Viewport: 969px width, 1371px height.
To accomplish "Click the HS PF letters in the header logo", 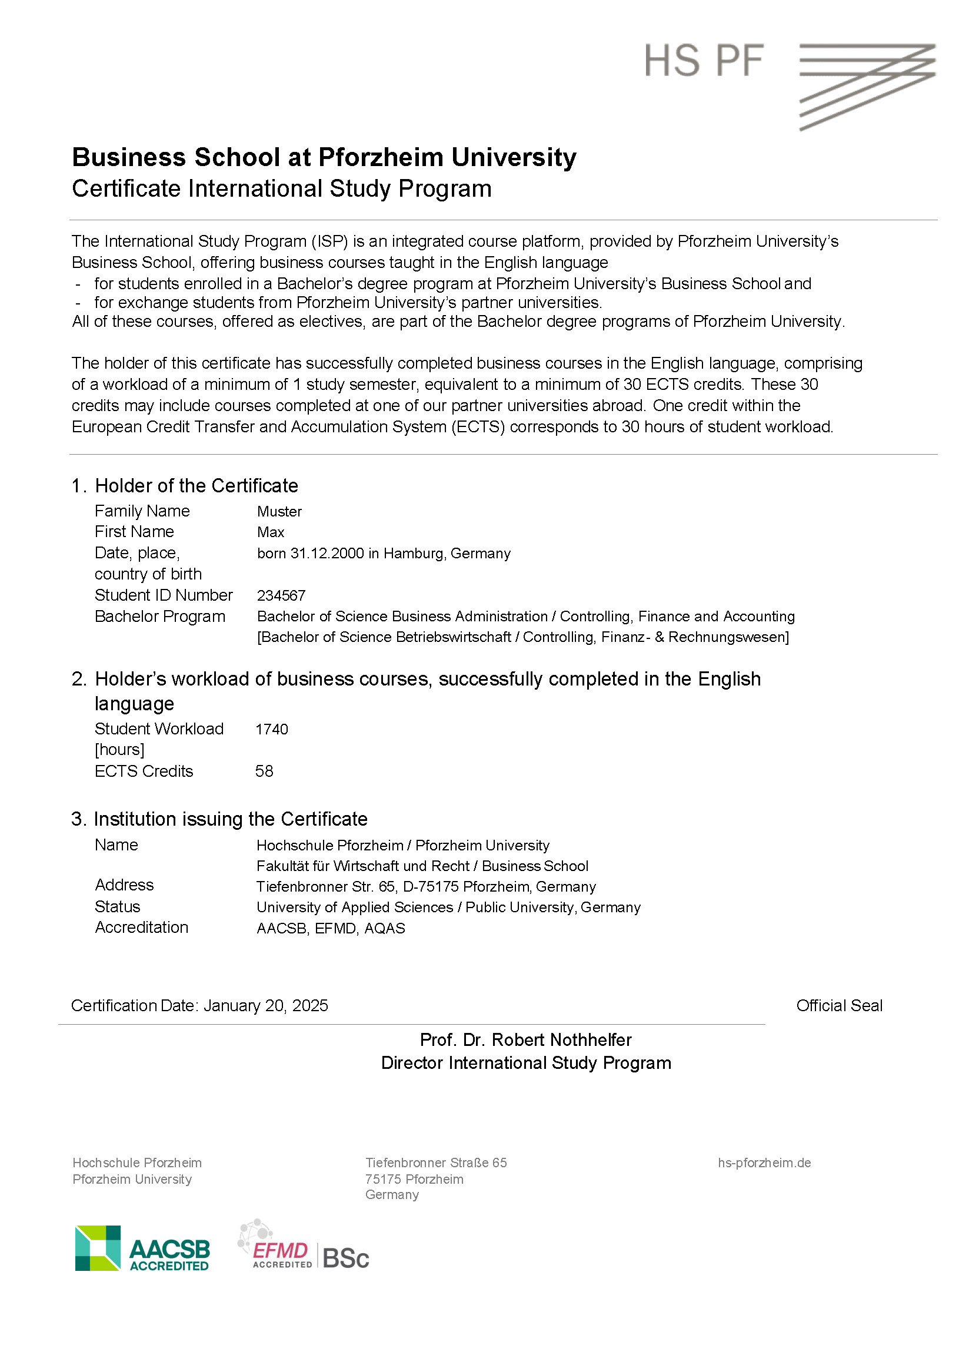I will coord(704,60).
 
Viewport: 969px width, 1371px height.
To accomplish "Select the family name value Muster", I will coord(279,511).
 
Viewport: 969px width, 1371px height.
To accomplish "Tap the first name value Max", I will coord(270,532).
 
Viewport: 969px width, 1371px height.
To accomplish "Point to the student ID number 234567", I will coord(281,595).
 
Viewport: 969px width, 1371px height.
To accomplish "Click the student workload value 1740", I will coord(271,729).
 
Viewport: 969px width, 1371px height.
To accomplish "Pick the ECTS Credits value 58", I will coord(264,771).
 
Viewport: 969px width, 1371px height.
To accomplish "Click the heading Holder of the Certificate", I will coord(197,485).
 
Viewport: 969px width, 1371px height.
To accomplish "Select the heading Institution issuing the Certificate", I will coord(230,819).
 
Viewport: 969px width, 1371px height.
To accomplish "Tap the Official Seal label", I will coord(839,1005).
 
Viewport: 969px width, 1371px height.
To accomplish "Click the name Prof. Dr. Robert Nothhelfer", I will coord(525,1039).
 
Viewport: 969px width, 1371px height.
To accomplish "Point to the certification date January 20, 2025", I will coord(265,1005).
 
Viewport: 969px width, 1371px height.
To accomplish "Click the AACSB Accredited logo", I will coord(142,1248).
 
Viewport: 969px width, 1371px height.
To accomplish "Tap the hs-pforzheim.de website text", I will coord(764,1163).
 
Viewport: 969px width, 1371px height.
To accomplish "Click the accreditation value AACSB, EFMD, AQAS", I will coord(331,928).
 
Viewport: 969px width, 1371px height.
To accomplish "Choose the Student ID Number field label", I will coord(164,595).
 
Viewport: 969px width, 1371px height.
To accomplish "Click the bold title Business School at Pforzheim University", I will coord(324,157).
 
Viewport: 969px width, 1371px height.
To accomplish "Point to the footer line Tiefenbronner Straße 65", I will coord(435,1163).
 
